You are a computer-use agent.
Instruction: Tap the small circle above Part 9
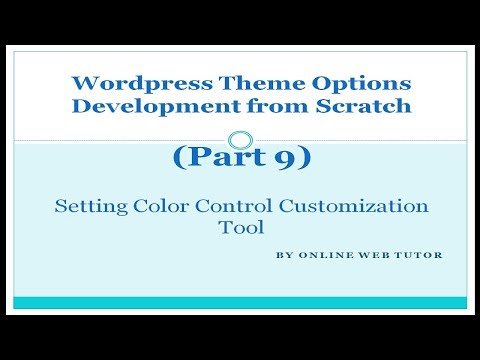(x=239, y=139)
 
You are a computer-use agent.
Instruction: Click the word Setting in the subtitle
(x=88, y=206)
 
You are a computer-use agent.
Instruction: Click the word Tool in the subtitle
(x=239, y=228)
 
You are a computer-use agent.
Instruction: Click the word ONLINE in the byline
(x=322, y=255)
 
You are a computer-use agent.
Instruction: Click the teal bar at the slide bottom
(x=239, y=302)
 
